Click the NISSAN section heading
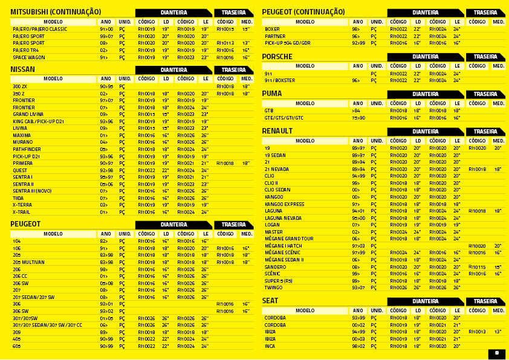coord(23,69)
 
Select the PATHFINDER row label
coord(27,149)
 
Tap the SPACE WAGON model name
coord(28,57)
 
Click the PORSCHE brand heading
coord(277,57)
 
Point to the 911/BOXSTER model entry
coord(280,80)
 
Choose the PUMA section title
coord(271,94)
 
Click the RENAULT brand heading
coord(277,131)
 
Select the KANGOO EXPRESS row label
coord(284,204)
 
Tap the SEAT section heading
coord(270,301)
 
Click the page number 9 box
coord(496,354)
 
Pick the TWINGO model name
coord(273,288)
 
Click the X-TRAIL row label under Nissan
coord(21,212)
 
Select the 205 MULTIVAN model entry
coord(28,262)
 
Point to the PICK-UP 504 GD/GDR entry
coord(287,43)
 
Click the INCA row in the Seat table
coord(270,346)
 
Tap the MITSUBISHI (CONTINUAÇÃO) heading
coord(56,12)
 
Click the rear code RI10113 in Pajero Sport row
coord(225,43)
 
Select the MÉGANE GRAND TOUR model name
coord(289,239)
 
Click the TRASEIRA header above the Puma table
coord(485,94)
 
